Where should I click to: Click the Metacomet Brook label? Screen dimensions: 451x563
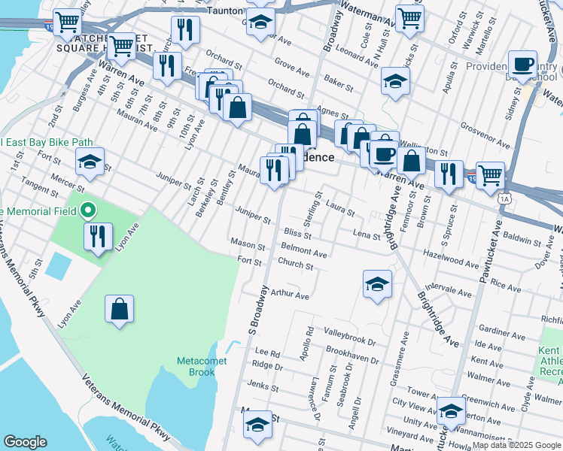click(196, 366)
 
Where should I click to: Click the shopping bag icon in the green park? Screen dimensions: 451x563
click(119, 309)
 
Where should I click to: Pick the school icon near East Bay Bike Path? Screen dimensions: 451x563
click(89, 162)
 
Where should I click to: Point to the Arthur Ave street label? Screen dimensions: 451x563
click(291, 295)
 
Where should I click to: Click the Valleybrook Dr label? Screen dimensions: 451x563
click(351, 331)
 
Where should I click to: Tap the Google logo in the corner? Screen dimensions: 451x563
click(25, 442)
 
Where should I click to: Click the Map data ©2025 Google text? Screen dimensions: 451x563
click(516, 445)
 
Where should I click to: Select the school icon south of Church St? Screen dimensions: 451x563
click(377, 283)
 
